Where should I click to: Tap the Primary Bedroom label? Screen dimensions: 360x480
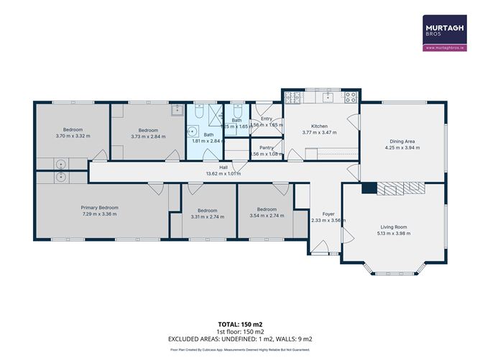click(x=99, y=208)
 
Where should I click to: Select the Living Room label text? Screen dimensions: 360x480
click(x=393, y=226)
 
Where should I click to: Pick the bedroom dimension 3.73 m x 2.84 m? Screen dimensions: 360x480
click(x=148, y=136)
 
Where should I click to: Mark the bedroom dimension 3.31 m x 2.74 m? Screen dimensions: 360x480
click(x=208, y=216)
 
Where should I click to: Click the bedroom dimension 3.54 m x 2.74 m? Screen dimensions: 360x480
click(x=267, y=216)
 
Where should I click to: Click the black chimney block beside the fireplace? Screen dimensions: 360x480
click(x=368, y=188)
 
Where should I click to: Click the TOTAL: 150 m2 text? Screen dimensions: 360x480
click(x=239, y=323)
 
